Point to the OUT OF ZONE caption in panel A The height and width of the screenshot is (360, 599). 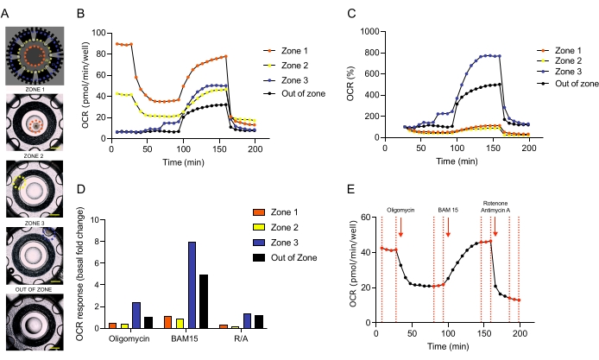(35, 288)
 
